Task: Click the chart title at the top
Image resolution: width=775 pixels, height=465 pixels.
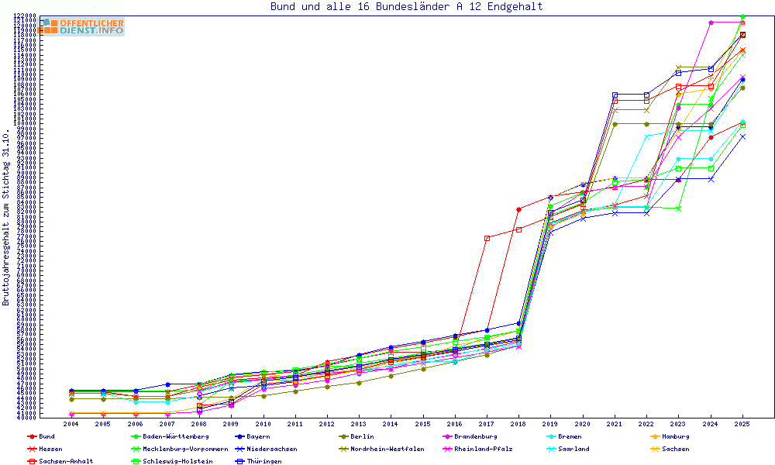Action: [x=406, y=7]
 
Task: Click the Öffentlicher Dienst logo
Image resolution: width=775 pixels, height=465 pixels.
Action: [x=81, y=26]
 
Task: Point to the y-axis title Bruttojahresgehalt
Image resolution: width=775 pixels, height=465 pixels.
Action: [x=6, y=217]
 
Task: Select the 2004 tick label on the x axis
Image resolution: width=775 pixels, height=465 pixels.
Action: [x=71, y=425]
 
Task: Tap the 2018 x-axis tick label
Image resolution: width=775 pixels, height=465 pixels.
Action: [x=518, y=425]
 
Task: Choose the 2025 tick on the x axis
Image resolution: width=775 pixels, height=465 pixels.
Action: [x=742, y=425]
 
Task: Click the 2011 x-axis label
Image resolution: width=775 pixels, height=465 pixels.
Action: [x=294, y=425]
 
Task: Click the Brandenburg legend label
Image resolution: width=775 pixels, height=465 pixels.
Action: [x=480, y=436]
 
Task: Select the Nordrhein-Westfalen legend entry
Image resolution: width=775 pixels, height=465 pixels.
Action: [x=387, y=449]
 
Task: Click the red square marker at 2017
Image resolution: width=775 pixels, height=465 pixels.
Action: [x=487, y=238]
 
